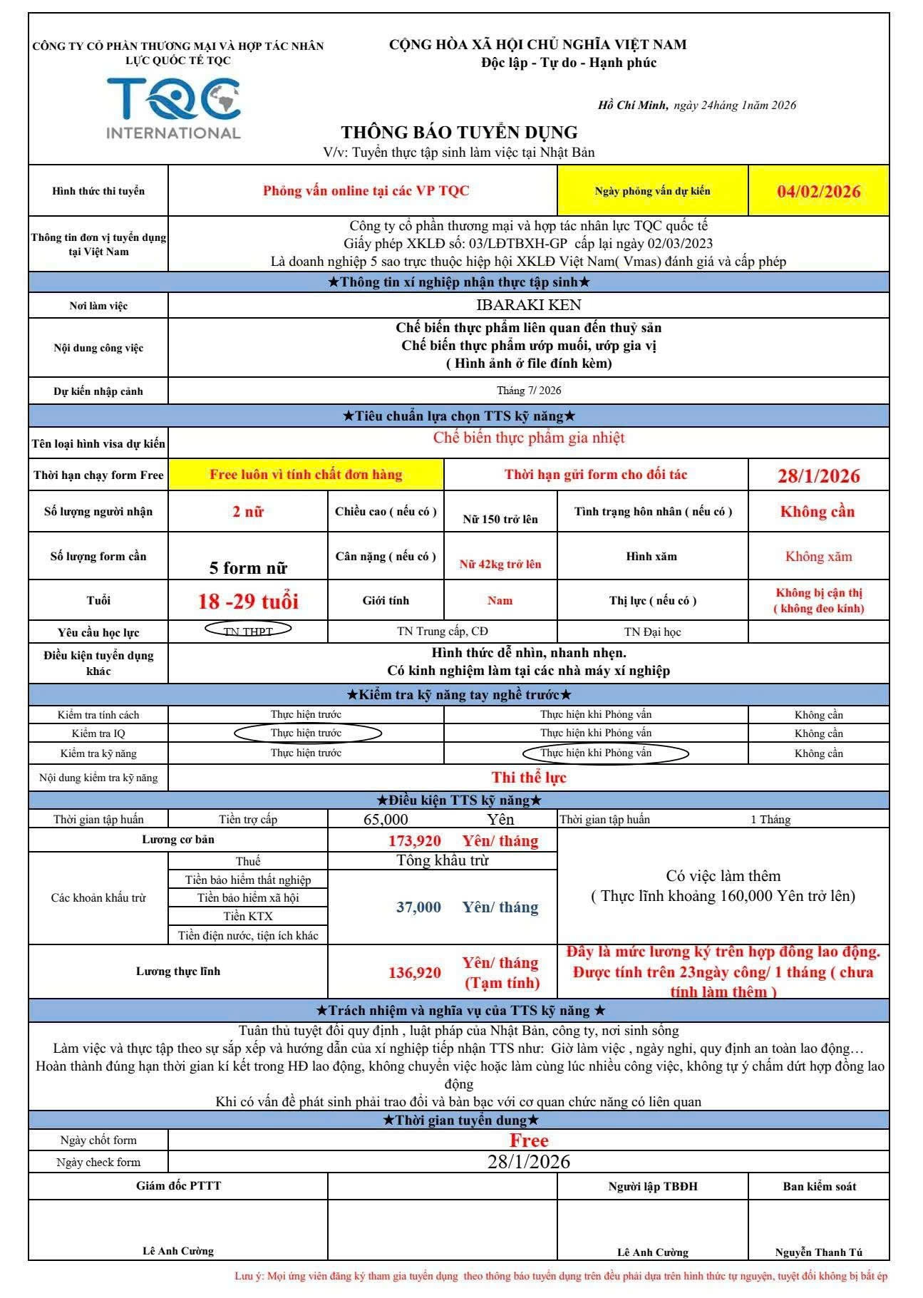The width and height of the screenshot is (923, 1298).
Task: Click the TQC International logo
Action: coord(173,108)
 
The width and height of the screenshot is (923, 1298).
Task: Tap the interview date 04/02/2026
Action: coord(818,191)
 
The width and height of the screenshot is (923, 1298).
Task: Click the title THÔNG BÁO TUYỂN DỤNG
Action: coord(459,133)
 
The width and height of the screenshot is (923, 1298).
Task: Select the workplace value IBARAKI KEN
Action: coord(529,305)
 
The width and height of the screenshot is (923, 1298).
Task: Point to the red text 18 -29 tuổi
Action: coord(248,601)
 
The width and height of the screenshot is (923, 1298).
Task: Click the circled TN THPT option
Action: coord(248,630)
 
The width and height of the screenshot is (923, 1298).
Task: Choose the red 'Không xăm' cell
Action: coord(818,557)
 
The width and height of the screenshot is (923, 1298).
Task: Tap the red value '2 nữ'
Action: coord(248,511)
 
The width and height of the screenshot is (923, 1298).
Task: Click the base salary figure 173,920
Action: coord(414,841)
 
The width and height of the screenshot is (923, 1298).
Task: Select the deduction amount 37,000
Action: coord(418,907)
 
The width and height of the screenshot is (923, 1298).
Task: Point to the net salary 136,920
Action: coord(414,972)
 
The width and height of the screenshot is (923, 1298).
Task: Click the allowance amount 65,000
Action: coord(386,820)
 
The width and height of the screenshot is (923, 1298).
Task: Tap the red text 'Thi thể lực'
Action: coord(529,777)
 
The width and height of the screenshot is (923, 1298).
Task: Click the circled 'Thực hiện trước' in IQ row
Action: coord(306,733)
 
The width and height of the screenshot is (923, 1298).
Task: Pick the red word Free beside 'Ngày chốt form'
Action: coord(529,1140)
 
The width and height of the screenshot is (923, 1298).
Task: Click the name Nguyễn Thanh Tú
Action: coord(818,1252)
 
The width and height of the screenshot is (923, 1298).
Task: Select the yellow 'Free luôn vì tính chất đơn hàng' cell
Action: coord(306,475)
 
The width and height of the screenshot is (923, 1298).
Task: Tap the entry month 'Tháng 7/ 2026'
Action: coord(529,391)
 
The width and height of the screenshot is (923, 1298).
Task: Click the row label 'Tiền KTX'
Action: coord(248,916)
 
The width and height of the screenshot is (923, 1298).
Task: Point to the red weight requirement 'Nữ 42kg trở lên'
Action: coord(500,565)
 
